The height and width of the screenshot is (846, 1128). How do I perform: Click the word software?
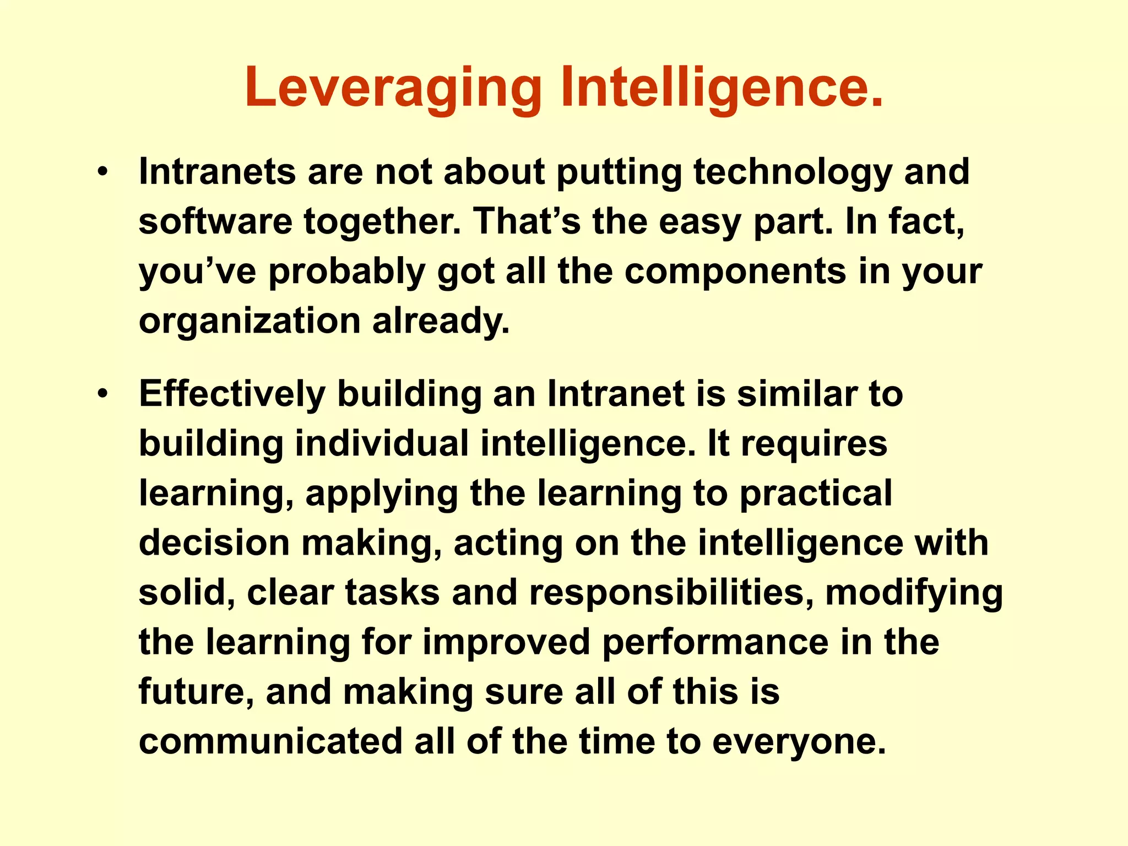coord(215,221)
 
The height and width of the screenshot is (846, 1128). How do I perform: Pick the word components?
coord(735,272)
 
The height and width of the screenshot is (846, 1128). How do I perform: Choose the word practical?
coord(815,494)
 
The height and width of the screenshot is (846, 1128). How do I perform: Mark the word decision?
coord(214,543)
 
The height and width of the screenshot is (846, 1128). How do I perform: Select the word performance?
coord(715,643)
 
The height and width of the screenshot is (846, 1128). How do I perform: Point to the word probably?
coord(347,273)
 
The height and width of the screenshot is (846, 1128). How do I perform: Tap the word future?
coord(196,692)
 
